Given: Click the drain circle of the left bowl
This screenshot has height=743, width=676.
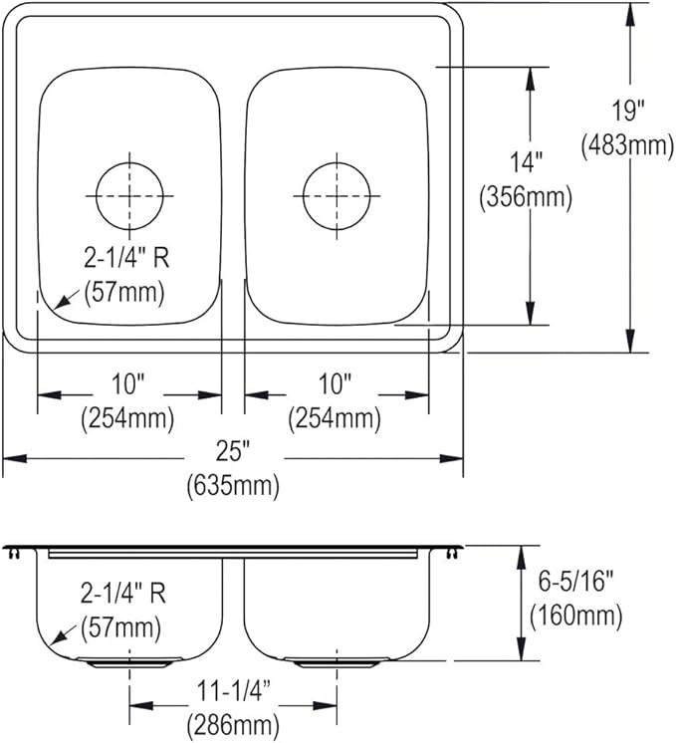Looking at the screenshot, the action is [97, 196].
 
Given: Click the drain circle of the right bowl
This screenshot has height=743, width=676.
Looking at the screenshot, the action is [304, 196].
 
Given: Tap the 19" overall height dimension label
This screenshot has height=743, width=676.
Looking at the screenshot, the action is [628, 111].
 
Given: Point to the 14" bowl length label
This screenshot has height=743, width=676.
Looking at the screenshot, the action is [527, 161].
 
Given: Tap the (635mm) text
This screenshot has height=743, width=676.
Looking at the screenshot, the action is [233, 486].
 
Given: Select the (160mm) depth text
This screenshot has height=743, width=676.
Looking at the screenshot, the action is [576, 616].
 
